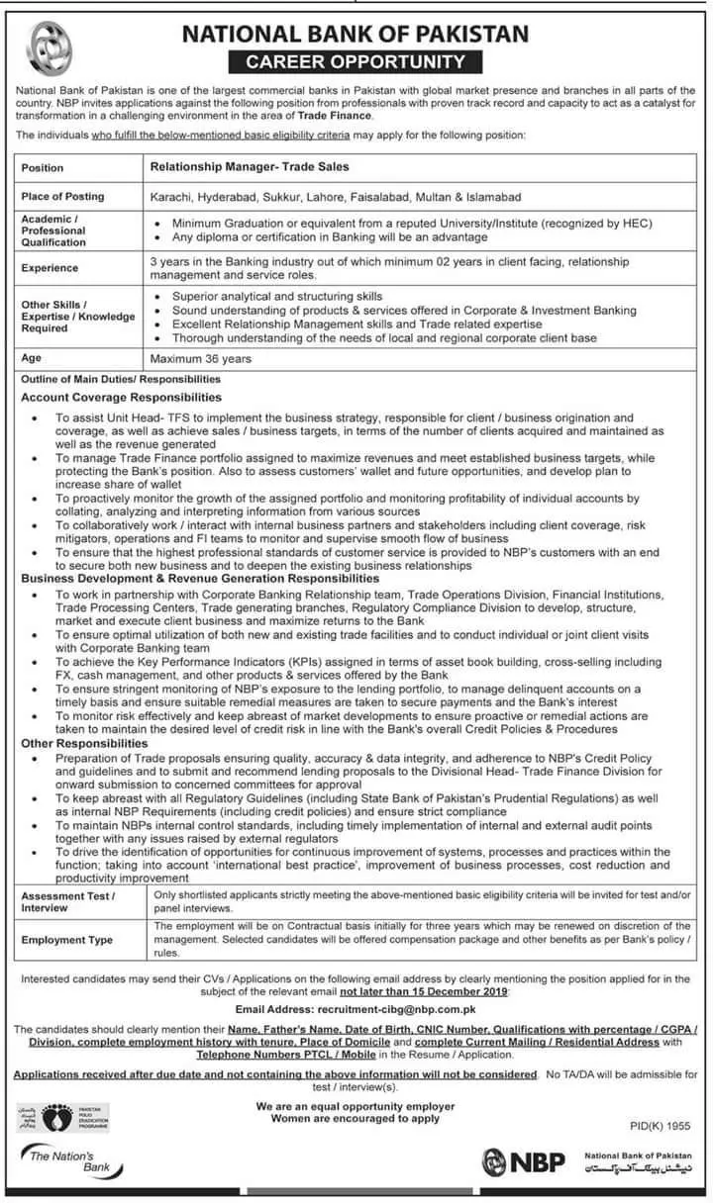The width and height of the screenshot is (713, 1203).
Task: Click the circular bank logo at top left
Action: click(x=44, y=48)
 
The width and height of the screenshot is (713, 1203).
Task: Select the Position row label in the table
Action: click(x=43, y=168)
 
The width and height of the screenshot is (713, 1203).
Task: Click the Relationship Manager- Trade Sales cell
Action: click(x=249, y=168)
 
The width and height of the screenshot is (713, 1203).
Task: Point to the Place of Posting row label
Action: click(x=62, y=197)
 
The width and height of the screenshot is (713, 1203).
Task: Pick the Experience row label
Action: click(x=51, y=268)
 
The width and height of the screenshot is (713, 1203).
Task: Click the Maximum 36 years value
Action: click(x=201, y=358)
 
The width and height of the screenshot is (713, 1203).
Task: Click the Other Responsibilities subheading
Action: click(x=84, y=743)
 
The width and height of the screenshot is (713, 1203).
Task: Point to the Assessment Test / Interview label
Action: click(x=68, y=901)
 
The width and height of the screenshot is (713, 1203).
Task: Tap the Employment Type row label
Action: click(x=67, y=940)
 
